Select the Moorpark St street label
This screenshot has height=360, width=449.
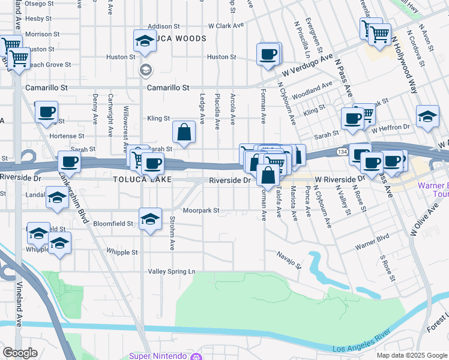click(x=201, y=211)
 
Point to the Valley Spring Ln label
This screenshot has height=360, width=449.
click(x=172, y=272)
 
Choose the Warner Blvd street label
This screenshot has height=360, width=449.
click(x=372, y=245)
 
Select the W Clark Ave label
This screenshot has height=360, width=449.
click(x=226, y=26)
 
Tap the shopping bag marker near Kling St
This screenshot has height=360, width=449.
click(x=184, y=132)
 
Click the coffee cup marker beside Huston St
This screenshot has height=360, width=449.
click(x=268, y=54)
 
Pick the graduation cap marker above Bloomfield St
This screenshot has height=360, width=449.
click(x=150, y=218)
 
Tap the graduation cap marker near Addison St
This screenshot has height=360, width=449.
click(x=144, y=40)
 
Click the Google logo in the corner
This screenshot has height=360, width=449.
click(x=20, y=353)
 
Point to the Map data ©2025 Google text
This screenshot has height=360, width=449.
click(x=412, y=355)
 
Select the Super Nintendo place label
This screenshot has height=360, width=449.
click(x=158, y=356)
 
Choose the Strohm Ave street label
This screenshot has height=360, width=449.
click(x=172, y=233)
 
